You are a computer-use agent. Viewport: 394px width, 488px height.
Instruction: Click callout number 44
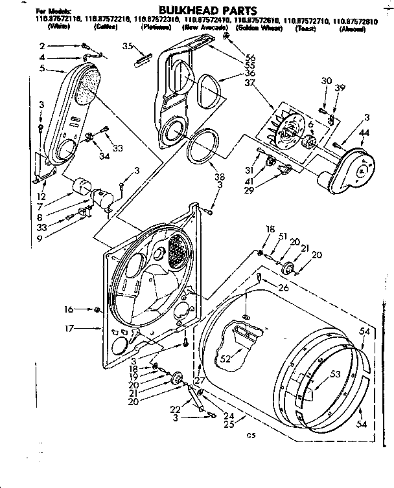[365, 132]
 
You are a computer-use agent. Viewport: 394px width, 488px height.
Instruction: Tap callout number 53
[336, 374]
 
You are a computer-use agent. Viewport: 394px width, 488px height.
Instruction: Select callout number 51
[283, 237]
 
